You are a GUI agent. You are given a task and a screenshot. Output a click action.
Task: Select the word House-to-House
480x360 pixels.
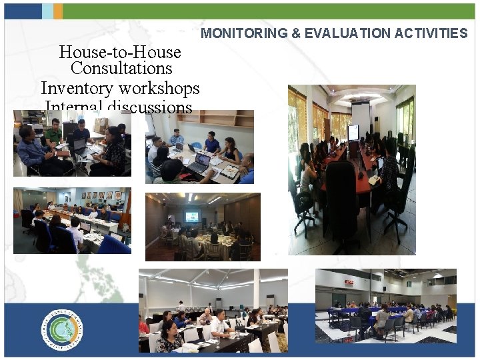120,52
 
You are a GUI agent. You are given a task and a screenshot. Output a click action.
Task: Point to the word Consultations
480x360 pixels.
121,69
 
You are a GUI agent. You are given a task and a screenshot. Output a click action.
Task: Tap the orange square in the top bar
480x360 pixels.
58,11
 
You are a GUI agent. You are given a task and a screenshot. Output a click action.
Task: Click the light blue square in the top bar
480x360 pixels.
47,11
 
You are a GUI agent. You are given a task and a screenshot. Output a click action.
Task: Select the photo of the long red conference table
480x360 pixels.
351,169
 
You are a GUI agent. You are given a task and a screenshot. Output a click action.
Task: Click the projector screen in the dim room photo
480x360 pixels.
191,216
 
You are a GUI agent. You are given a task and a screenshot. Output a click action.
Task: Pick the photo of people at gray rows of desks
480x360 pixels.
213,311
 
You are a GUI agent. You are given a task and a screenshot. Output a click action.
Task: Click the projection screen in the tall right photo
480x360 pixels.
360,115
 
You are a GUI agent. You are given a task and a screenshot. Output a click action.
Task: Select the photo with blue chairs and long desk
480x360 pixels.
72,220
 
